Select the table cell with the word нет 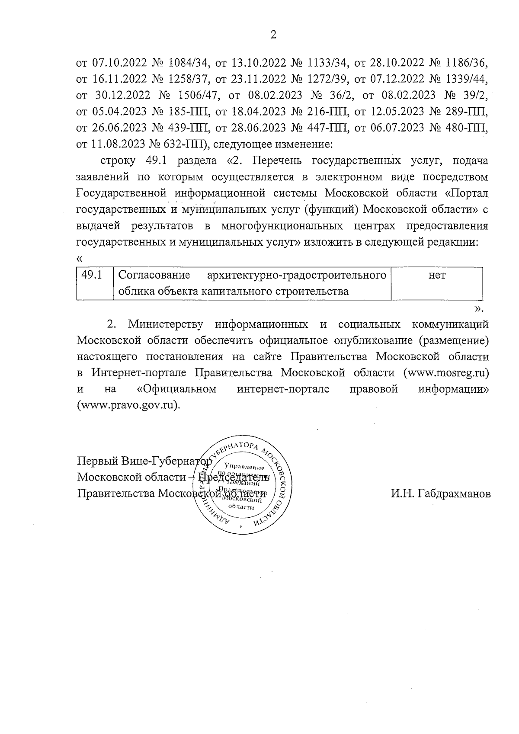436,276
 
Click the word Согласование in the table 154,276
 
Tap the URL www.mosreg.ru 446,373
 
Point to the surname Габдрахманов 441,494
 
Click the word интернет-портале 283,389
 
